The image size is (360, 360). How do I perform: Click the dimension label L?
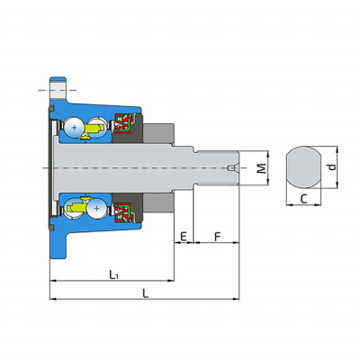(x=146, y=293)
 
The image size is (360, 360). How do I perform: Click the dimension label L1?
(x=113, y=274)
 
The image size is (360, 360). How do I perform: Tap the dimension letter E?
(x=184, y=237)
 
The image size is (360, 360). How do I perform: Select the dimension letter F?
(x=218, y=237)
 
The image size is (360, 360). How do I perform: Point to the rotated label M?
(x=262, y=168)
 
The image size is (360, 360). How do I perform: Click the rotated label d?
(x=332, y=167)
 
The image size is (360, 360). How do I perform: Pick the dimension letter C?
(x=304, y=199)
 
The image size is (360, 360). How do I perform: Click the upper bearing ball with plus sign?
(x=74, y=128)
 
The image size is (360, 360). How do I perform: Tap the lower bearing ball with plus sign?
(x=96, y=208)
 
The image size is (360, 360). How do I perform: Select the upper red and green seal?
(x=123, y=122)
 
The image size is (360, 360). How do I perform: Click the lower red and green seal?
(x=123, y=213)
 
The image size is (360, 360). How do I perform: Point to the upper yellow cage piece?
(x=94, y=130)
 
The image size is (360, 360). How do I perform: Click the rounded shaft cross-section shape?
(x=303, y=167)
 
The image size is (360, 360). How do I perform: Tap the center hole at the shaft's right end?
(x=232, y=168)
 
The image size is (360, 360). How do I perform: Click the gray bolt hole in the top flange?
(x=58, y=90)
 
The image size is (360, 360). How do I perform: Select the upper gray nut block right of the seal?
(x=158, y=133)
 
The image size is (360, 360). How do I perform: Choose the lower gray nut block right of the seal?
(x=158, y=202)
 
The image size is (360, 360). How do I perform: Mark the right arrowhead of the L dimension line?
(x=237, y=299)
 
